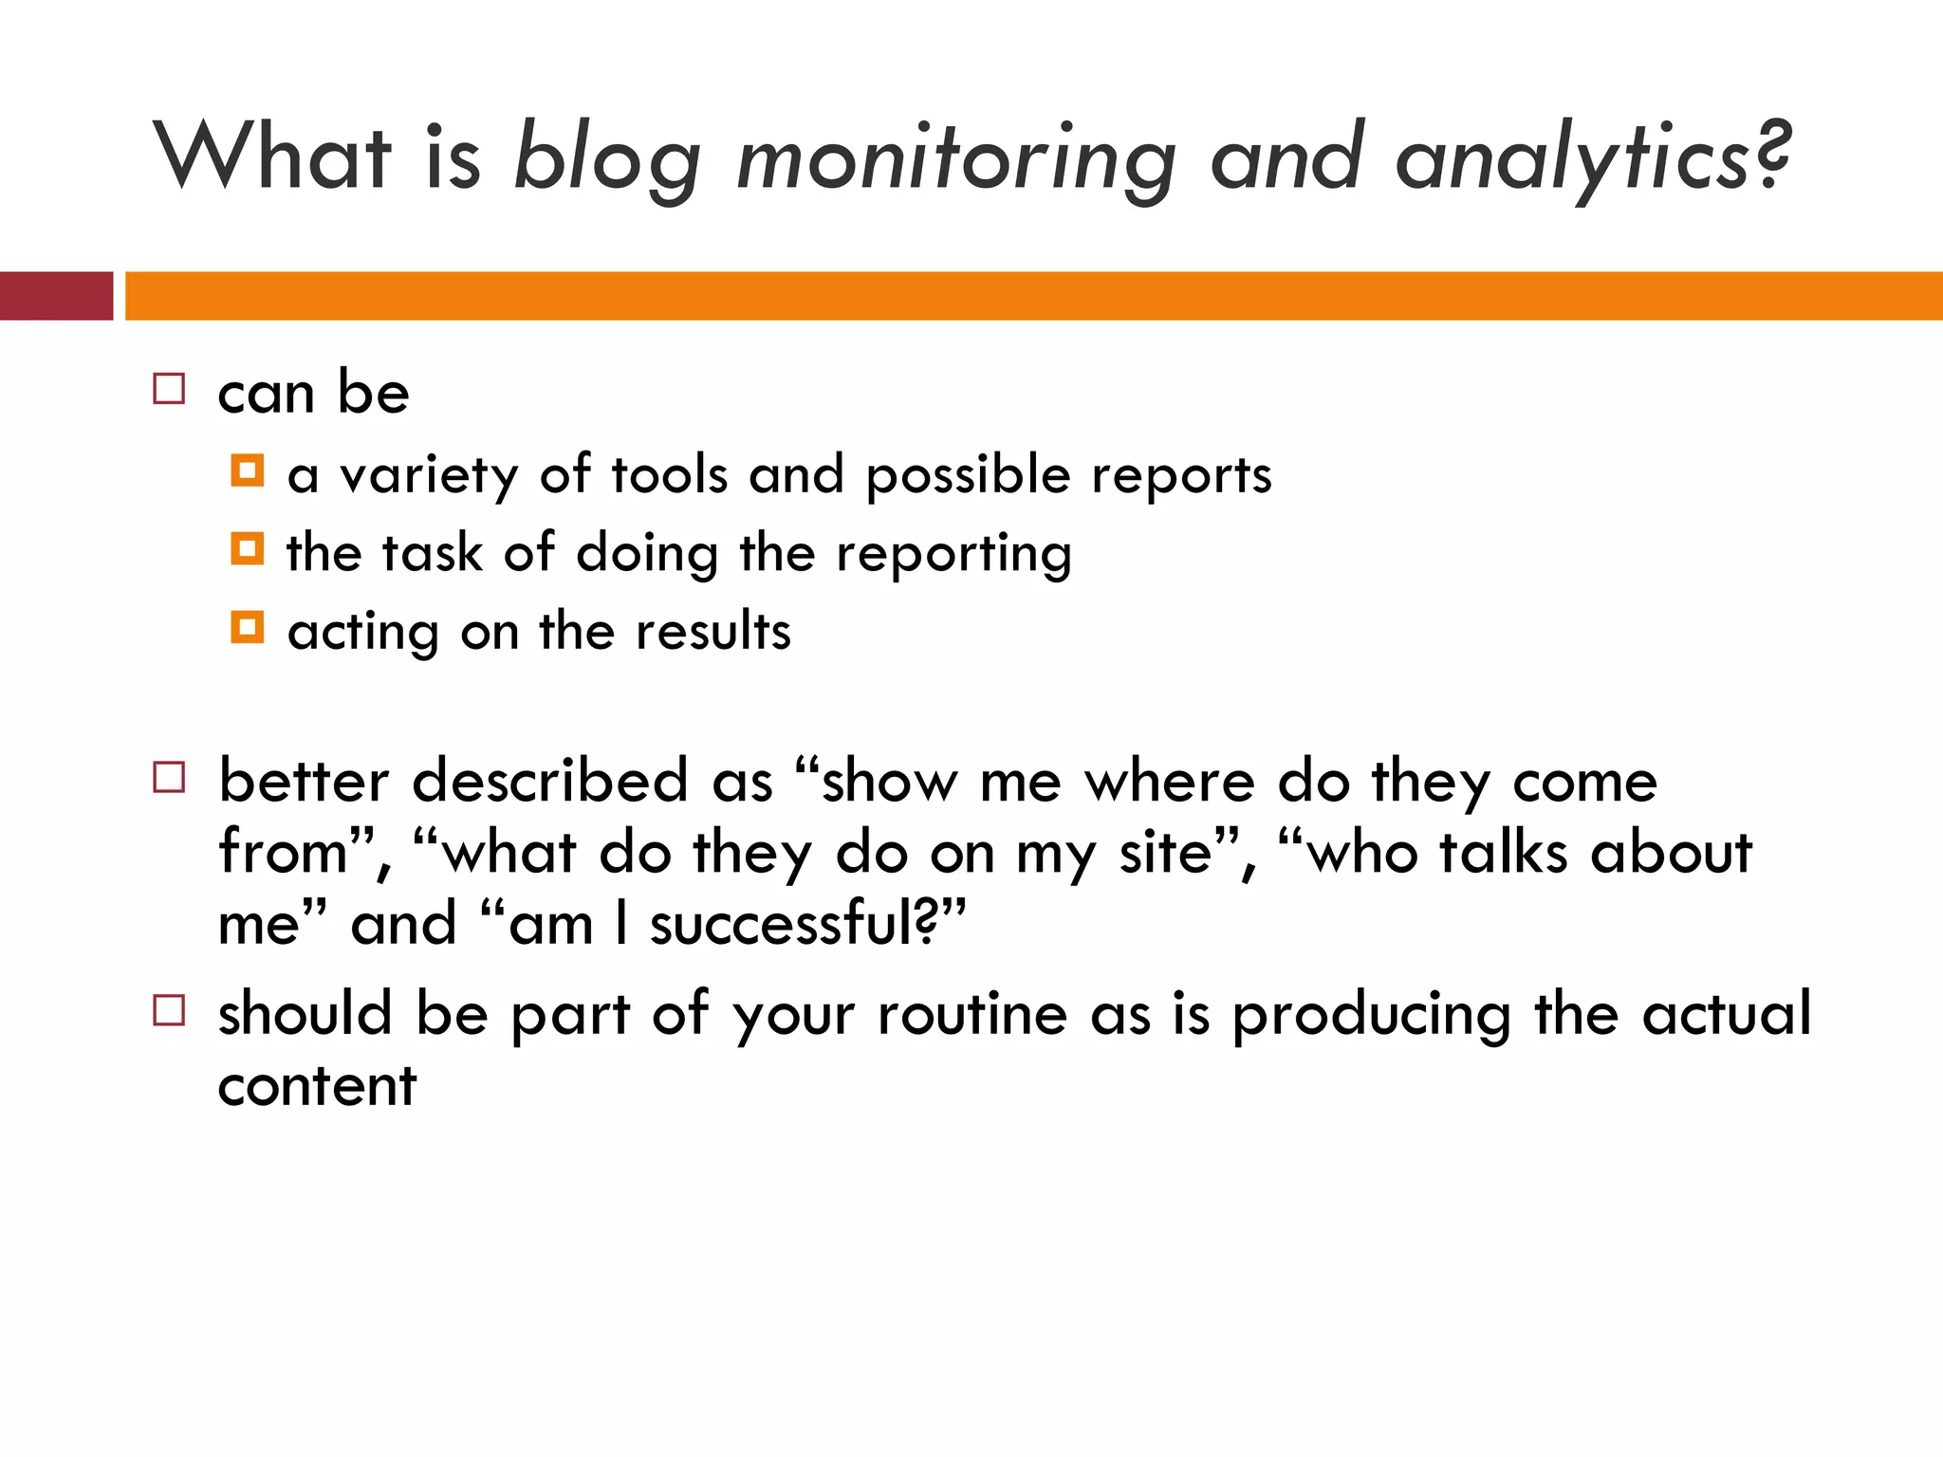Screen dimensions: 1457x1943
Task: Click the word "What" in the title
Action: click(x=272, y=157)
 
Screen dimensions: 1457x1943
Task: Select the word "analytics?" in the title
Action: click(x=1593, y=159)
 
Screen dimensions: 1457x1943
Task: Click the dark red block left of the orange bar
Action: click(x=56, y=296)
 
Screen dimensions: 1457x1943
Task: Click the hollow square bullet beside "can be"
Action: click(x=169, y=389)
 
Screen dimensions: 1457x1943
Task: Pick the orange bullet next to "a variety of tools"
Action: click(x=248, y=470)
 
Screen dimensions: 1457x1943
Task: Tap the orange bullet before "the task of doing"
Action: click(x=248, y=549)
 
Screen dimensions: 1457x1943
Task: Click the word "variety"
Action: click(x=429, y=475)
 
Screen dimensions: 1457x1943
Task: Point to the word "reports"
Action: click(x=1181, y=475)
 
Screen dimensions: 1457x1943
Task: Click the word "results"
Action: click(x=712, y=632)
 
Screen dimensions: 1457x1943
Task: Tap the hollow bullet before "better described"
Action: click(x=169, y=778)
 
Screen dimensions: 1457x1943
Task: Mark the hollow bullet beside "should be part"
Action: click(x=169, y=1010)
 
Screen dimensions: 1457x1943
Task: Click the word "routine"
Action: click(x=972, y=1014)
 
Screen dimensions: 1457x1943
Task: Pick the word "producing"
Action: click(x=1371, y=1016)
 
